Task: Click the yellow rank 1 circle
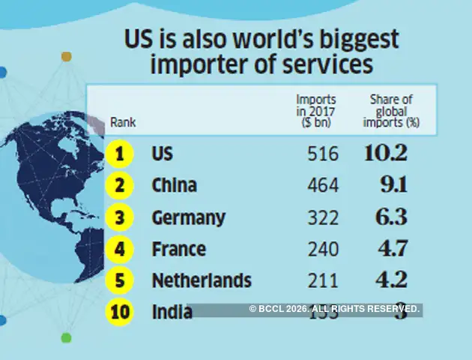(118, 154)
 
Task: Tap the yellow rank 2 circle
(118, 185)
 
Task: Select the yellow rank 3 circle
(118, 217)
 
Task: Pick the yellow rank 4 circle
(118, 249)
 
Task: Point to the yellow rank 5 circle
(118, 280)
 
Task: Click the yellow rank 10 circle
(118, 311)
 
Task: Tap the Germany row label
(188, 217)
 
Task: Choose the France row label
(178, 249)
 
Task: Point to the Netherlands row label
(202, 280)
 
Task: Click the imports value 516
(323, 154)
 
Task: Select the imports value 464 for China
(323, 186)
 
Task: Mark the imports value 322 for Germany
(323, 217)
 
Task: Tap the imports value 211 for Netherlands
(323, 280)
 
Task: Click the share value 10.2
(385, 154)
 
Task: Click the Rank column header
(123, 121)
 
